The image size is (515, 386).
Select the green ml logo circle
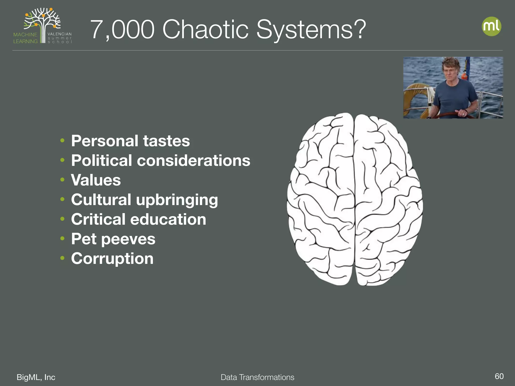(491, 26)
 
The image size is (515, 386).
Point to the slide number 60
(499, 376)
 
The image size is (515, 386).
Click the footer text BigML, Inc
(36, 377)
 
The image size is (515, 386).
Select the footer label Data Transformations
(257, 377)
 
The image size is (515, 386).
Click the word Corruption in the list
(112, 259)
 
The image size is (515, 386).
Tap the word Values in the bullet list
(96, 180)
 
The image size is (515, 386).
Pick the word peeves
(128, 239)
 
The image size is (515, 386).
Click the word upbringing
(177, 200)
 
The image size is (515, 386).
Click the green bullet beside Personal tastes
(63, 140)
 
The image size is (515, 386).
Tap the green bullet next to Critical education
(63, 219)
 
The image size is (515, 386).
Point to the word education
(168, 219)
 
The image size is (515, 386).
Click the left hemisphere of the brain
(322, 201)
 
